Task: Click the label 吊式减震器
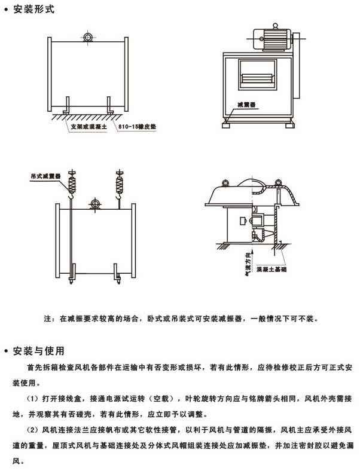[x=43, y=177]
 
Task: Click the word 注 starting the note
[x=48, y=319]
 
